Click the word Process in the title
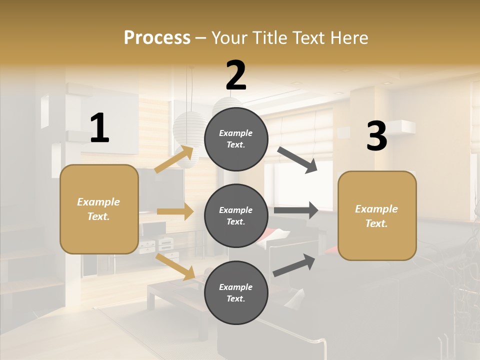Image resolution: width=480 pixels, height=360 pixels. tap(157, 37)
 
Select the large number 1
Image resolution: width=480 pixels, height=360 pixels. tap(99, 128)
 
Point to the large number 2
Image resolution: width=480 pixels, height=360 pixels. tap(236, 75)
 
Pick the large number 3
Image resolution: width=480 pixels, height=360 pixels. tap(376, 136)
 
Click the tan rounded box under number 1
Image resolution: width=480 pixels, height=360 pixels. tap(99, 209)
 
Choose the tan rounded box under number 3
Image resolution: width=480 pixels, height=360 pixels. tap(377, 215)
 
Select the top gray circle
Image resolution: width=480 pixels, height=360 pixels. tap(236, 139)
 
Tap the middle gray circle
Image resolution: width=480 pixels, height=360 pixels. tap(236, 215)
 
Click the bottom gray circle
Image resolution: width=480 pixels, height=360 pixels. tap(236, 292)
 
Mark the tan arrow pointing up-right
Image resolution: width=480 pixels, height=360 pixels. tap(174, 159)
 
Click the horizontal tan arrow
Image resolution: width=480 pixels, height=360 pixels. tap(175, 211)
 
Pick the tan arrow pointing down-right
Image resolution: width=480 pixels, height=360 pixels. tap(175, 266)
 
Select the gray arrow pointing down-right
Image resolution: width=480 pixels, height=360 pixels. tap(297, 160)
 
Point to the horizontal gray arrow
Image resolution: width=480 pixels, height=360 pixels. tap(296, 210)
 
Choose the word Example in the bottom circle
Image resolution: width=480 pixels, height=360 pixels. tap(236, 287)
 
